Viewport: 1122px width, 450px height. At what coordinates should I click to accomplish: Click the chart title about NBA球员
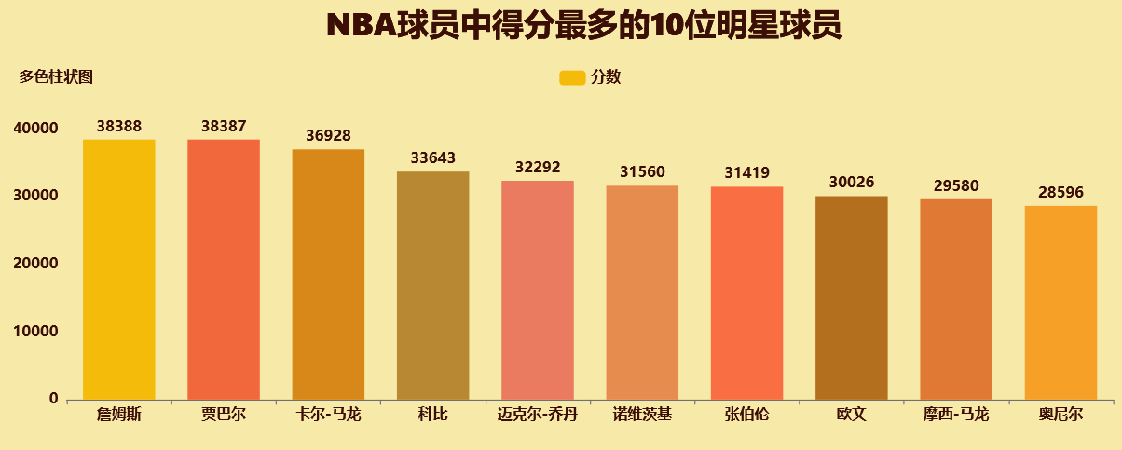tap(584, 26)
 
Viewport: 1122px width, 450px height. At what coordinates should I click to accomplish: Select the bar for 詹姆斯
tap(119, 270)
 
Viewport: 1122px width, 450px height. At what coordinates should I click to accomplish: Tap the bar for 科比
tap(433, 286)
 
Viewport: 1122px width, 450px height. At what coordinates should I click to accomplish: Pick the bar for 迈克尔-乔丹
tap(538, 291)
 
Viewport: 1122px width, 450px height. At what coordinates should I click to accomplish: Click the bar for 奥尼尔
tap(1060, 303)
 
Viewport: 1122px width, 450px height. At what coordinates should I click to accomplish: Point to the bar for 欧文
tap(852, 298)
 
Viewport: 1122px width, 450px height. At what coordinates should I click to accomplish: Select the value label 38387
tap(224, 126)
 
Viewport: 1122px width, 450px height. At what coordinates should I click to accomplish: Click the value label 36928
tap(328, 135)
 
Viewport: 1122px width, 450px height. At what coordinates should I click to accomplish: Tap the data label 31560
tap(642, 172)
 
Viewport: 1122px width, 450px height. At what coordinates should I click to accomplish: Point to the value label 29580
tap(956, 185)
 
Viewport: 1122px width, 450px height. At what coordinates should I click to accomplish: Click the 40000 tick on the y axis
tap(39, 128)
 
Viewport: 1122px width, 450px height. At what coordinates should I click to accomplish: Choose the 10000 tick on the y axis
tap(39, 332)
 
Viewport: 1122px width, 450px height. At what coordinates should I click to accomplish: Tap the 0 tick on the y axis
tap(54, 399)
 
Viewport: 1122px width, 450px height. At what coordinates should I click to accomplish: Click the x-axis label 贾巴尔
tap(224, 415)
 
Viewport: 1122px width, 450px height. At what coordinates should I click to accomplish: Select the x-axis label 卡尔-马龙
tap(328, 415)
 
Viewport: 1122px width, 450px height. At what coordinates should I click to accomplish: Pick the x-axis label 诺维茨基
tap(642, 415)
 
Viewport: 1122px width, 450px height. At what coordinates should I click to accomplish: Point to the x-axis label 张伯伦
tap(746, 415)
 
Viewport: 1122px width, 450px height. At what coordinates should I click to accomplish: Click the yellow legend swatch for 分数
tap(571, 77)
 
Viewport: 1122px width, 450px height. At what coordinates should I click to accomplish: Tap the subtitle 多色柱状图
tap(56, 77)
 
